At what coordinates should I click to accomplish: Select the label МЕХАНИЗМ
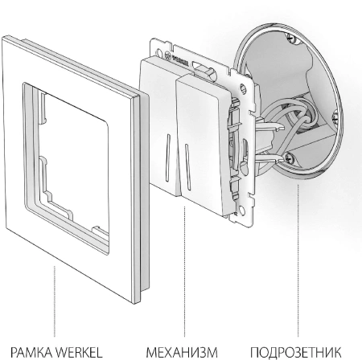182,352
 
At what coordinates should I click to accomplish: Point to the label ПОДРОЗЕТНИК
296,352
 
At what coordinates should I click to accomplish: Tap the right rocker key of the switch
203,145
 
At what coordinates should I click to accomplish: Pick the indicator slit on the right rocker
187,167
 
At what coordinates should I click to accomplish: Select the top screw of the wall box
291,39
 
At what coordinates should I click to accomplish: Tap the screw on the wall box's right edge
335,117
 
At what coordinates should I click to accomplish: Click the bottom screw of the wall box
290,157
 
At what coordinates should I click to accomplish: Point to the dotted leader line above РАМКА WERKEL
55,301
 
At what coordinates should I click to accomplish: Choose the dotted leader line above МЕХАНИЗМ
184,272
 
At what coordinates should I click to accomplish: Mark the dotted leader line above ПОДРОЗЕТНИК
298,260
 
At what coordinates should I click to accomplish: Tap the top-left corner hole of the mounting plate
158,51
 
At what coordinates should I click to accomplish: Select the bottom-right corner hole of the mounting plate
241,211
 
